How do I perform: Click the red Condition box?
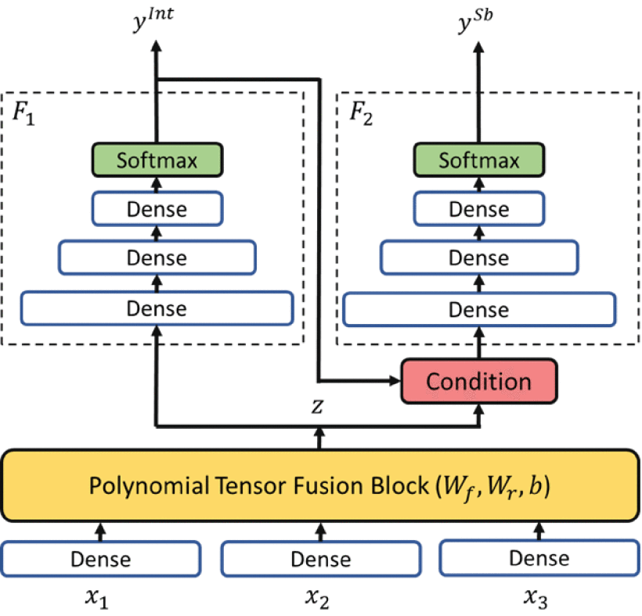pos(478,382)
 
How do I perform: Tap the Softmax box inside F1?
pos(157,160)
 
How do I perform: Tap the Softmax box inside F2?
pos(478,160)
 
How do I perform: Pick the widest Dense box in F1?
pos(157,308)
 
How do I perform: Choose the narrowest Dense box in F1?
pos(157,209)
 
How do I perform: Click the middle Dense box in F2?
pos(478,258)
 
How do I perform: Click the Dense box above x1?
pos(100,559)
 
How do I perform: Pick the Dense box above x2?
pos(320,559)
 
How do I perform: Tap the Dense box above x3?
pos(539,558)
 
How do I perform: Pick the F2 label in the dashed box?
pos(360,112)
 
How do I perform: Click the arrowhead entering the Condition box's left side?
pos(392,382)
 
